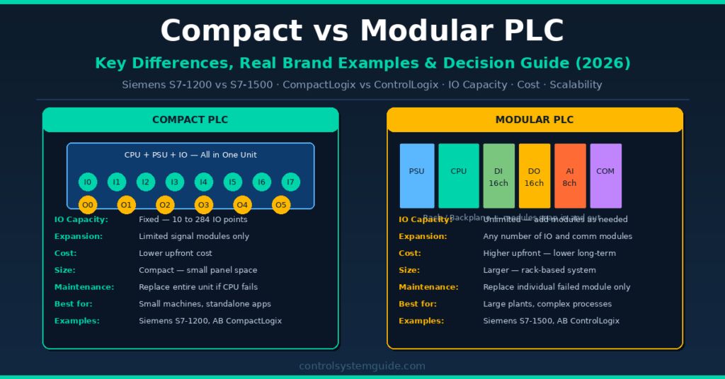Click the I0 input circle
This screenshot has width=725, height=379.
pyautogui.click(x=87, y=182)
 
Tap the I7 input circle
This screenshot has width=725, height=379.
pyautogui.click(x=290, y=182)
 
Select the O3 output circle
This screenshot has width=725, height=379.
pyautogui.click(x=204, y=206)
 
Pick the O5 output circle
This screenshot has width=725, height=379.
pyautogui.click(x=281, y=206)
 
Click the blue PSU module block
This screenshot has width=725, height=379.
pyautogui.click(x=417, y=176)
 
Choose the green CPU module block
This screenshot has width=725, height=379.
pyautogui.click(x=459, y=176)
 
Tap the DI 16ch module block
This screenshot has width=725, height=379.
pyautogui.click(x=498, y=176)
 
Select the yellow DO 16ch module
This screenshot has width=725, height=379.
pyautogui.click(x=535, y=176)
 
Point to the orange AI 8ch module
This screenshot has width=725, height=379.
pyautogui.click(x=570, y=176)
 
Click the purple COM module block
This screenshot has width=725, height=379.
pyautogui.click(x=605, y=176)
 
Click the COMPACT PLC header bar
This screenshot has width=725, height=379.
pyautogui.click(x=190, y=119)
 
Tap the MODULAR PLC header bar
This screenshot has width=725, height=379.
pyautogui.click(x=535, y=119)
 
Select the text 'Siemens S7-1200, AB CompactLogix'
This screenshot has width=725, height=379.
pyautogui.click(x=210, y=321)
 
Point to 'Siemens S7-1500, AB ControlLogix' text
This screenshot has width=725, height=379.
pyautogui.click(x=552, y=321)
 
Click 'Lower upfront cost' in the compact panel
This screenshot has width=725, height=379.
pyautogui.click(x=176, y=253)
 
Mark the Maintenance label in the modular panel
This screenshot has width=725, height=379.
pyautogui.click(x=428, y=287)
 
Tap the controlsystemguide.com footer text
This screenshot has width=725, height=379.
pyautogui.click(x=362, y=366)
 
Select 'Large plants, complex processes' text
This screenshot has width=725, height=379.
pyautogui.click(x=547, y=304)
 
